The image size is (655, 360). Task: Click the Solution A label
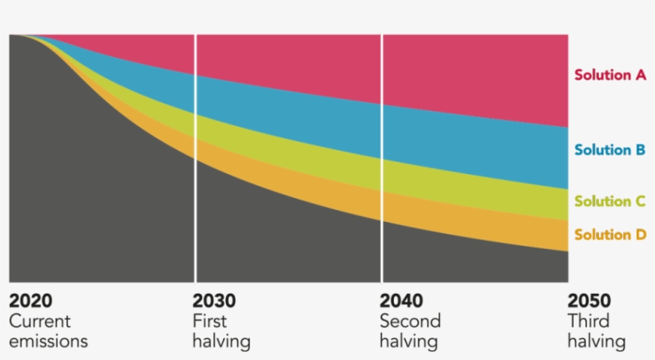(609, 75)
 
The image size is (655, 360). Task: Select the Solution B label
(609, 150)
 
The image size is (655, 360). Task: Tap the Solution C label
(609, 201)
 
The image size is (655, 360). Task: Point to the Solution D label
(609, 235)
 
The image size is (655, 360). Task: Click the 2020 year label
(30, 301)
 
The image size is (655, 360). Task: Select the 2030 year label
(214, 301)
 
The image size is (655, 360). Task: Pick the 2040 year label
(402, 301)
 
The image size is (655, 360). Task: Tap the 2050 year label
(589, 301)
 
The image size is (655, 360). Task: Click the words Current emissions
(48, 331)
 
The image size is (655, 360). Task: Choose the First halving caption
(221, 331)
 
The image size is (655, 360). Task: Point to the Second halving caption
(410, 331)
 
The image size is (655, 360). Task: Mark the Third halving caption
(596, 331)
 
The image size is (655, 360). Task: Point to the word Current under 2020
(39, 322)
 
